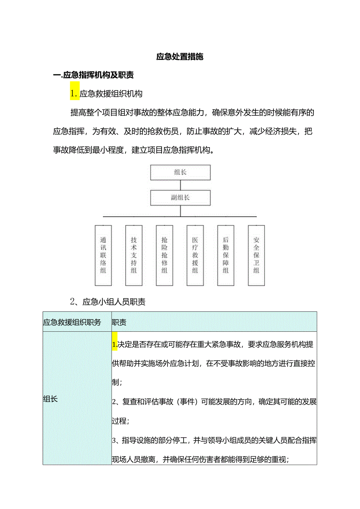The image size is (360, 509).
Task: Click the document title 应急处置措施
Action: coord(180,57)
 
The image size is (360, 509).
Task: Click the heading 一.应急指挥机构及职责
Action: coord(94,75)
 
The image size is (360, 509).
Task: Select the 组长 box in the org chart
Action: coord(180,172)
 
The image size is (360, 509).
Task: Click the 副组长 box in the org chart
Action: coord(180,198)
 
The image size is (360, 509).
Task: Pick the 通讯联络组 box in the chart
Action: coord(103,255)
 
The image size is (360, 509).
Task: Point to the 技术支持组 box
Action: coord(134,255)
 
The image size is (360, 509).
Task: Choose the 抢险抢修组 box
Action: coord(164,255)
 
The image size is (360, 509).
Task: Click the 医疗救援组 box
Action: coord(195,255)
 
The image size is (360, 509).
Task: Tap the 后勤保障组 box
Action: coord(225,255)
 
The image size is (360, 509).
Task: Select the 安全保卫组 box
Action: coord(256,255)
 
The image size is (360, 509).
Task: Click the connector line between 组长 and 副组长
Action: coord(180,185)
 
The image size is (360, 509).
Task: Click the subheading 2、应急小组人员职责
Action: coord(108,302)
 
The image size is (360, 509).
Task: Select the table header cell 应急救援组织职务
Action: coord(72,322)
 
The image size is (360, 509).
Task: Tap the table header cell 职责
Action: coord(119,322)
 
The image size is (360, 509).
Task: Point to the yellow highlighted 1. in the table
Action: coord(114,345)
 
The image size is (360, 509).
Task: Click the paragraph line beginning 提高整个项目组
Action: coord(192,113)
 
